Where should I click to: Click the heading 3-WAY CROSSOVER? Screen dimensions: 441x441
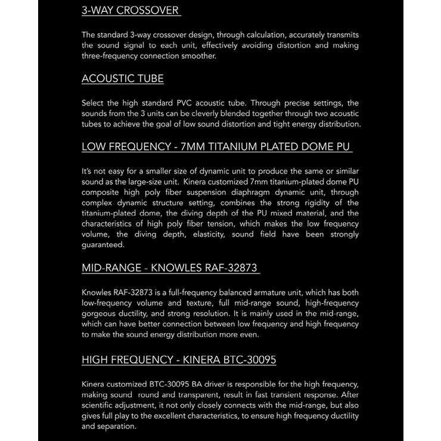[x=131, y=10]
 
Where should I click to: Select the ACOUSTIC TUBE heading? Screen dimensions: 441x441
[x=122, y=79]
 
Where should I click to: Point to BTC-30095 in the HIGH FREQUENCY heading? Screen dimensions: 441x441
[x=246, y=360]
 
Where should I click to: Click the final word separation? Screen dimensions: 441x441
[x=117, y=427]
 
